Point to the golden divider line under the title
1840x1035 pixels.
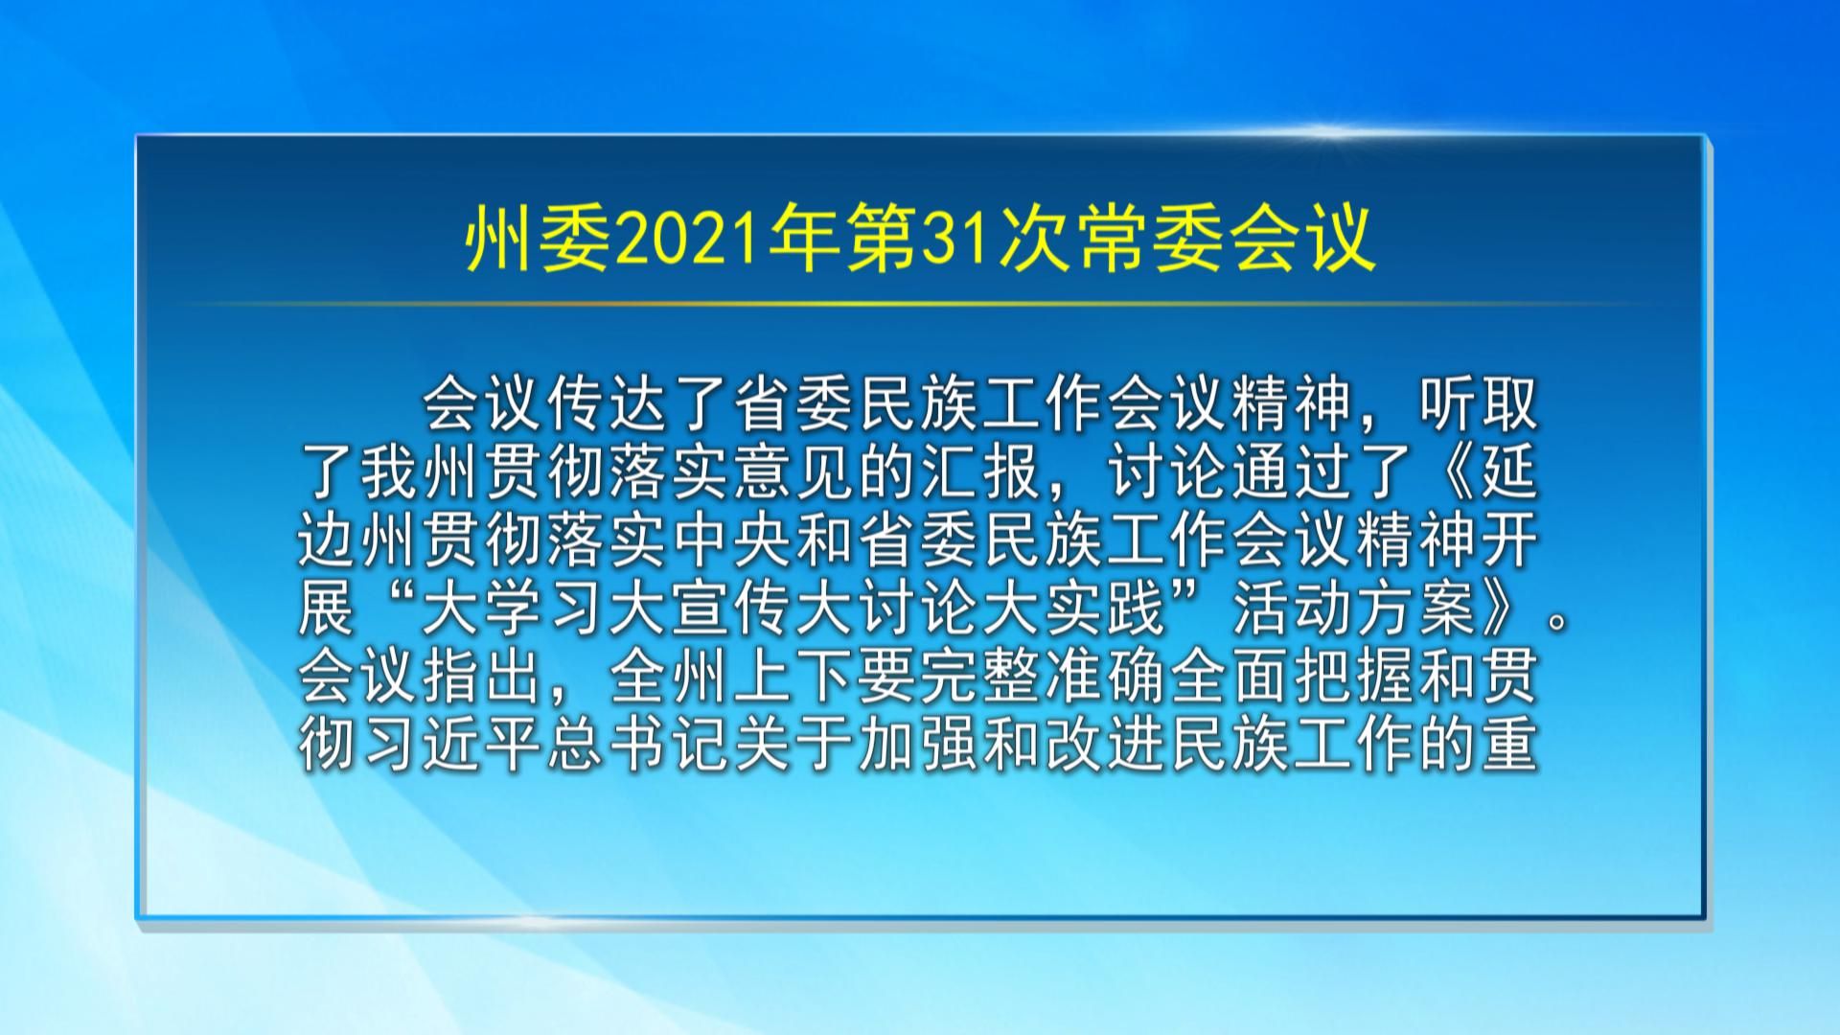point(920,304)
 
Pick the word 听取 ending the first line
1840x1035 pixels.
point(1477,405)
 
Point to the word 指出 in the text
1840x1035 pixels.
point(483,678)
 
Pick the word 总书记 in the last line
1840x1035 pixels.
point(608,746)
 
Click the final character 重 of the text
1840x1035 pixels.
point(1508,746)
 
